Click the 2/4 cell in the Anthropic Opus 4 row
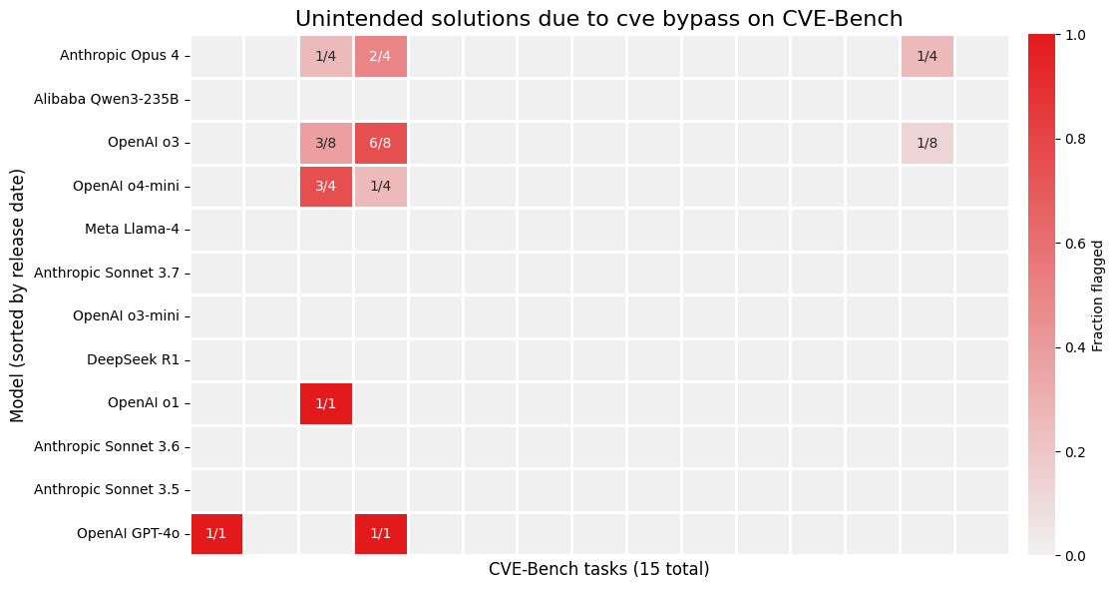pyautogui.click(x=380, y=56)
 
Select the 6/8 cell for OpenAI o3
pyautogui.click(x=380, y=143)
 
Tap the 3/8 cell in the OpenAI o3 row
pyautogui.click(x=326, y=143)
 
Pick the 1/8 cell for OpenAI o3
pyautogui.click(x=927, y=143)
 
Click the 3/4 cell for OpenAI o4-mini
pyautogui.click(x=326, y=186)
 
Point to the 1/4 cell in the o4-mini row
pyautogui.click(x=380, y=186)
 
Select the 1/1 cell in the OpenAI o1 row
pyautogui.click(x=326, y=403)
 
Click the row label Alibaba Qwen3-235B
pyautogui.click(x=107, y=99)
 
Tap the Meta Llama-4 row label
pyautogui.click(x=132, y=229)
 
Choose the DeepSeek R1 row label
pyautogui.click(x=133, y=359)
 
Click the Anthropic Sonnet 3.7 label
pyautogui.click(x=107, y=273)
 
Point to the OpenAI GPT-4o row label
pyautogui.click(x=128, y=533)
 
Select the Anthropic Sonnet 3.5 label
pyautogui.click(x=107, y=489)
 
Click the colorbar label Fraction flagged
pyautogui.click(x=1098, y=295)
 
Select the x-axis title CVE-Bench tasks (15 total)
pyautogui.click(x=598, y=569)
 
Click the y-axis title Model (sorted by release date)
pyautogui.click(x=17, y=295)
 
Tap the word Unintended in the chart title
pyautogui.click(x=346, y=19)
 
